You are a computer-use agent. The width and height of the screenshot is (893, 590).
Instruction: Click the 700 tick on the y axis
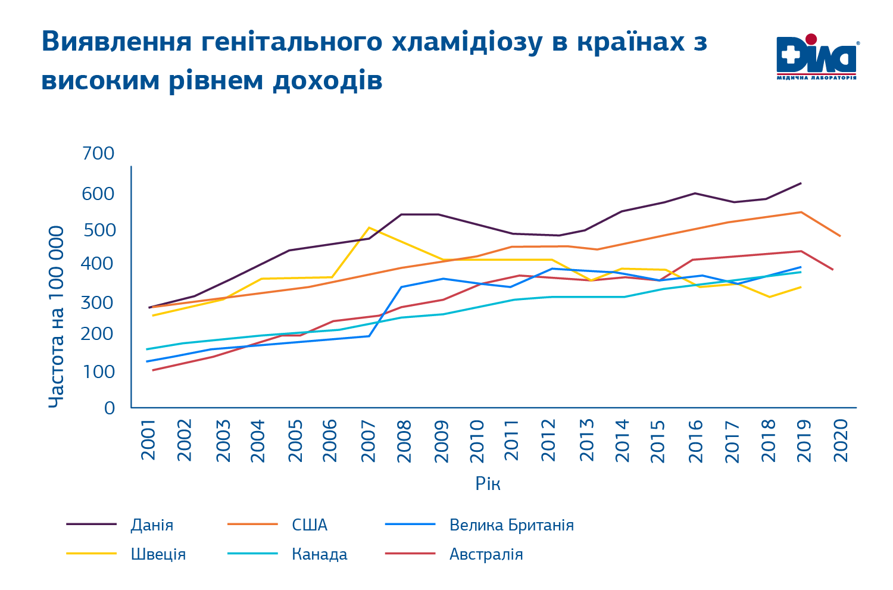coord(99,154)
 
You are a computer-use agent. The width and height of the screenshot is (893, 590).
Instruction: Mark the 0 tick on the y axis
coord(109,408)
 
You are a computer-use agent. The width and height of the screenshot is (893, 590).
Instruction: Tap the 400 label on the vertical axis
coord(99,263)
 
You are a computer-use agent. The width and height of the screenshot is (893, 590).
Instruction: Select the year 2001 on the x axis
coord(148,440)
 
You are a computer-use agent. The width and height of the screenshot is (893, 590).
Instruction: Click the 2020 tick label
coord(841,440)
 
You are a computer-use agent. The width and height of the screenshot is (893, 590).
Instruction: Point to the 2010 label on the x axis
coord(477,440)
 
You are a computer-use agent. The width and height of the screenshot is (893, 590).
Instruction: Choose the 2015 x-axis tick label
coord(658,440)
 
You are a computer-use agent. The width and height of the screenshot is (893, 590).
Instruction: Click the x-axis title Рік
coord(488,483)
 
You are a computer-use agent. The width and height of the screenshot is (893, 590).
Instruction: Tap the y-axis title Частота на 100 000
coord(56,317)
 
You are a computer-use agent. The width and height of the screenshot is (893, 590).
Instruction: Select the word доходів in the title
coord(327,80)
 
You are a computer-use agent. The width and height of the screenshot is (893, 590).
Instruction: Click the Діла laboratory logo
coord(816,57)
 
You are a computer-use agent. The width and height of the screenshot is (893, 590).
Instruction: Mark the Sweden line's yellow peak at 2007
coord(369,227)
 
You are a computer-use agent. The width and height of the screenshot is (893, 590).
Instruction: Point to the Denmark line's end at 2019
coord(801,183)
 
